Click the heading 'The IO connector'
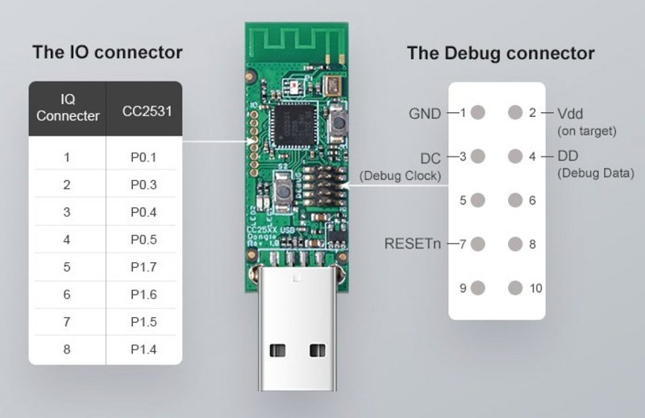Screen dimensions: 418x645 [107, 53]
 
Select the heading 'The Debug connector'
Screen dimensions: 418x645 [500, 54]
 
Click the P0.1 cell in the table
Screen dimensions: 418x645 [144, 157]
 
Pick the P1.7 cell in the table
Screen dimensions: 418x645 [144, 267]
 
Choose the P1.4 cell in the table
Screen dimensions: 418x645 [144, 349]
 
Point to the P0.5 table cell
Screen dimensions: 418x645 [144, 240]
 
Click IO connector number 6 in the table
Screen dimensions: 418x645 [67, 295]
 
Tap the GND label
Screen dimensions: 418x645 [425, 114]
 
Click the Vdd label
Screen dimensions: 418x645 [570, 114]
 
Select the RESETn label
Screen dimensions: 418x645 [413, 244]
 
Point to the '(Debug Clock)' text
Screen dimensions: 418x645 [401, 175]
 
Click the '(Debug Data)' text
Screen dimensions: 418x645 [595, 173]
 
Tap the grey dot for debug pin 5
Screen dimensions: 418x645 [478, 200]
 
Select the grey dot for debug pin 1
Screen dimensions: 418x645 [478, 113]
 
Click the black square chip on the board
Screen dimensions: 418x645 [293, 125]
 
